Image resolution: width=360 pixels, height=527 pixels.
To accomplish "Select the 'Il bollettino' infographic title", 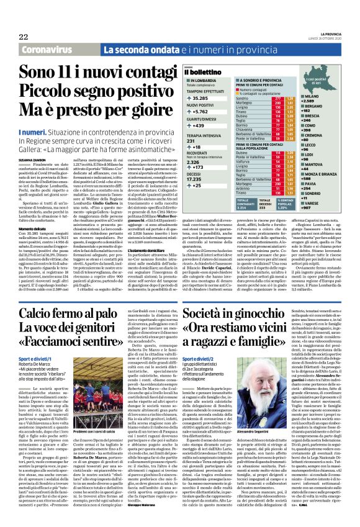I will (x=205, y=73).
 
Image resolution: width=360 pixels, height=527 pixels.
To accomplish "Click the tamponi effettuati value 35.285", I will (x=199, y=98).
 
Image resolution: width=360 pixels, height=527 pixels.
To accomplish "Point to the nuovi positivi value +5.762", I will (x=199, y=112).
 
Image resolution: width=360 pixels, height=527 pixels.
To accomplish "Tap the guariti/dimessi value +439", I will (x=197, y=126).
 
